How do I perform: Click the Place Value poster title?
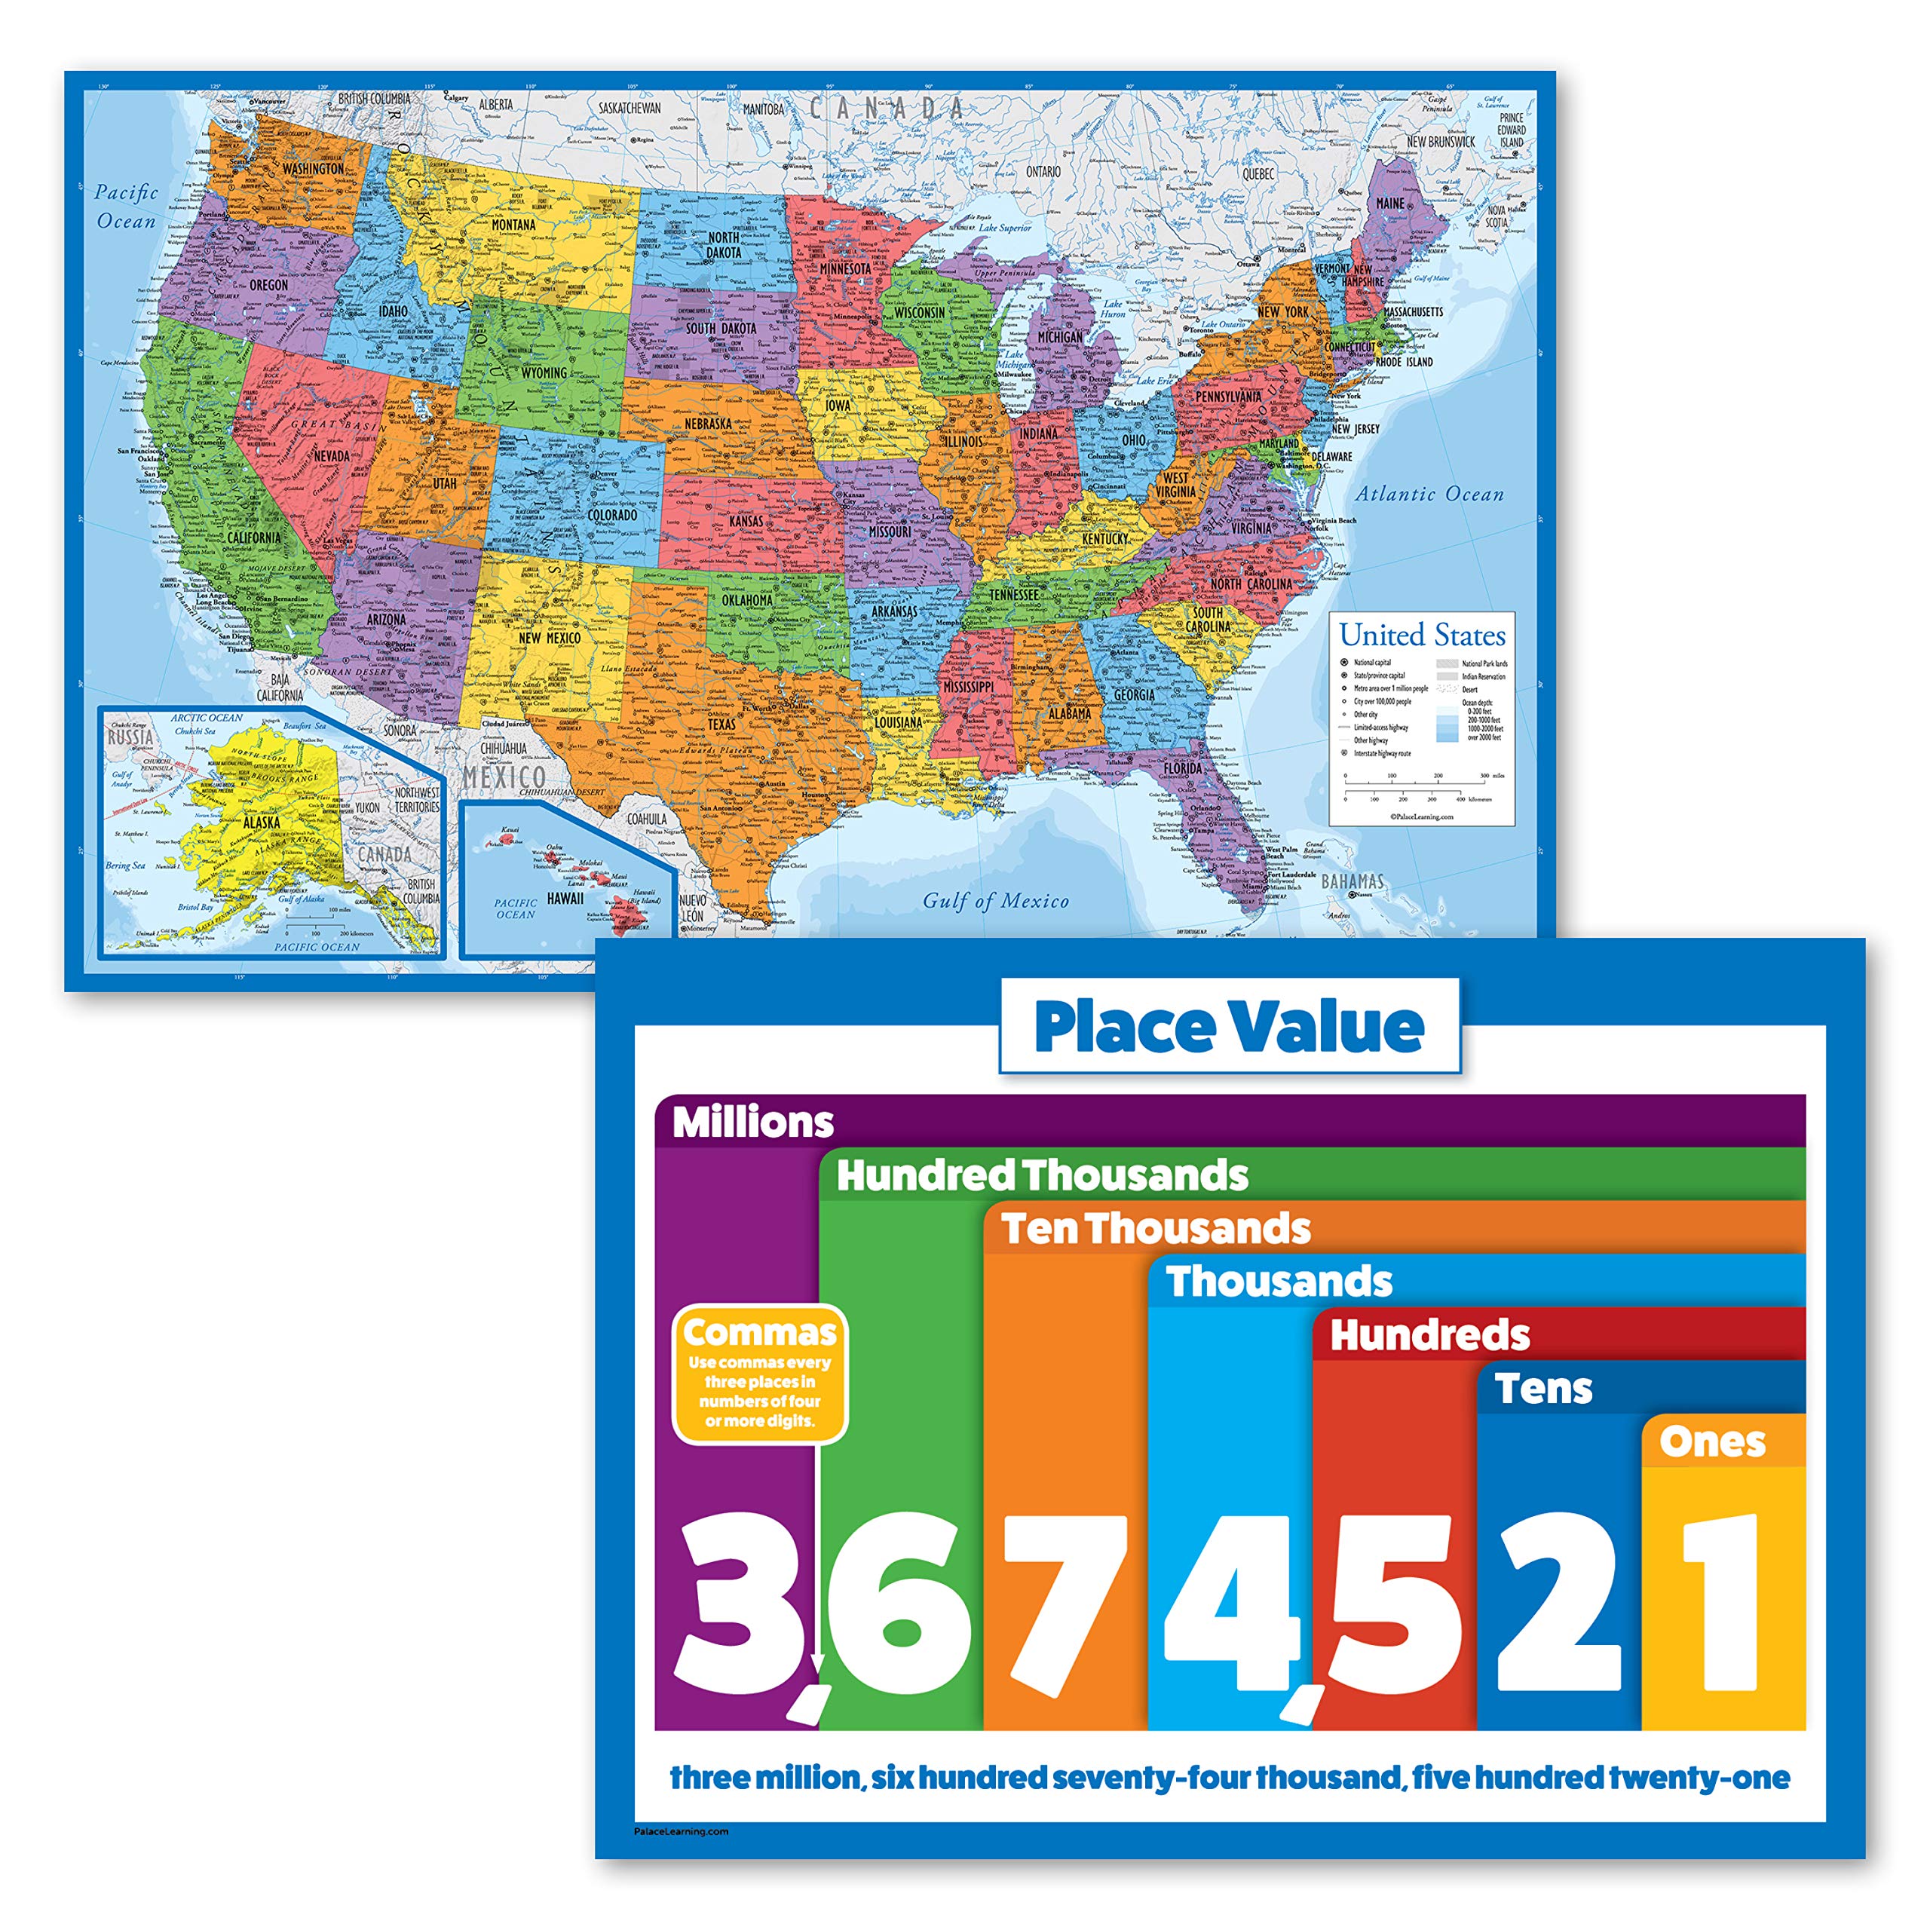1229,1026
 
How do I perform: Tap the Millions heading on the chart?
752,1122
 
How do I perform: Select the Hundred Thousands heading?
1042,1176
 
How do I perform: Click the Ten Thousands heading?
1156,1229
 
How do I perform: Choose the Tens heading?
1543,1389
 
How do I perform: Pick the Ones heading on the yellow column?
1712,1441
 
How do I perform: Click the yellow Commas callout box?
759,1374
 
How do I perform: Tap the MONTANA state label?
513,225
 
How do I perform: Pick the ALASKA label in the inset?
262,823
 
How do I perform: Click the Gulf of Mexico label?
995,901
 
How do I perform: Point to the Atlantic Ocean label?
1429,495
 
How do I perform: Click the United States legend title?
1422,636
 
